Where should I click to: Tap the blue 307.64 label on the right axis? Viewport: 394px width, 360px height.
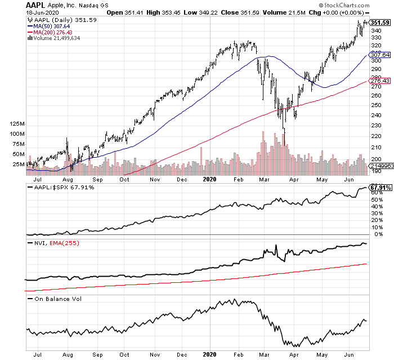[379, 55]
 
